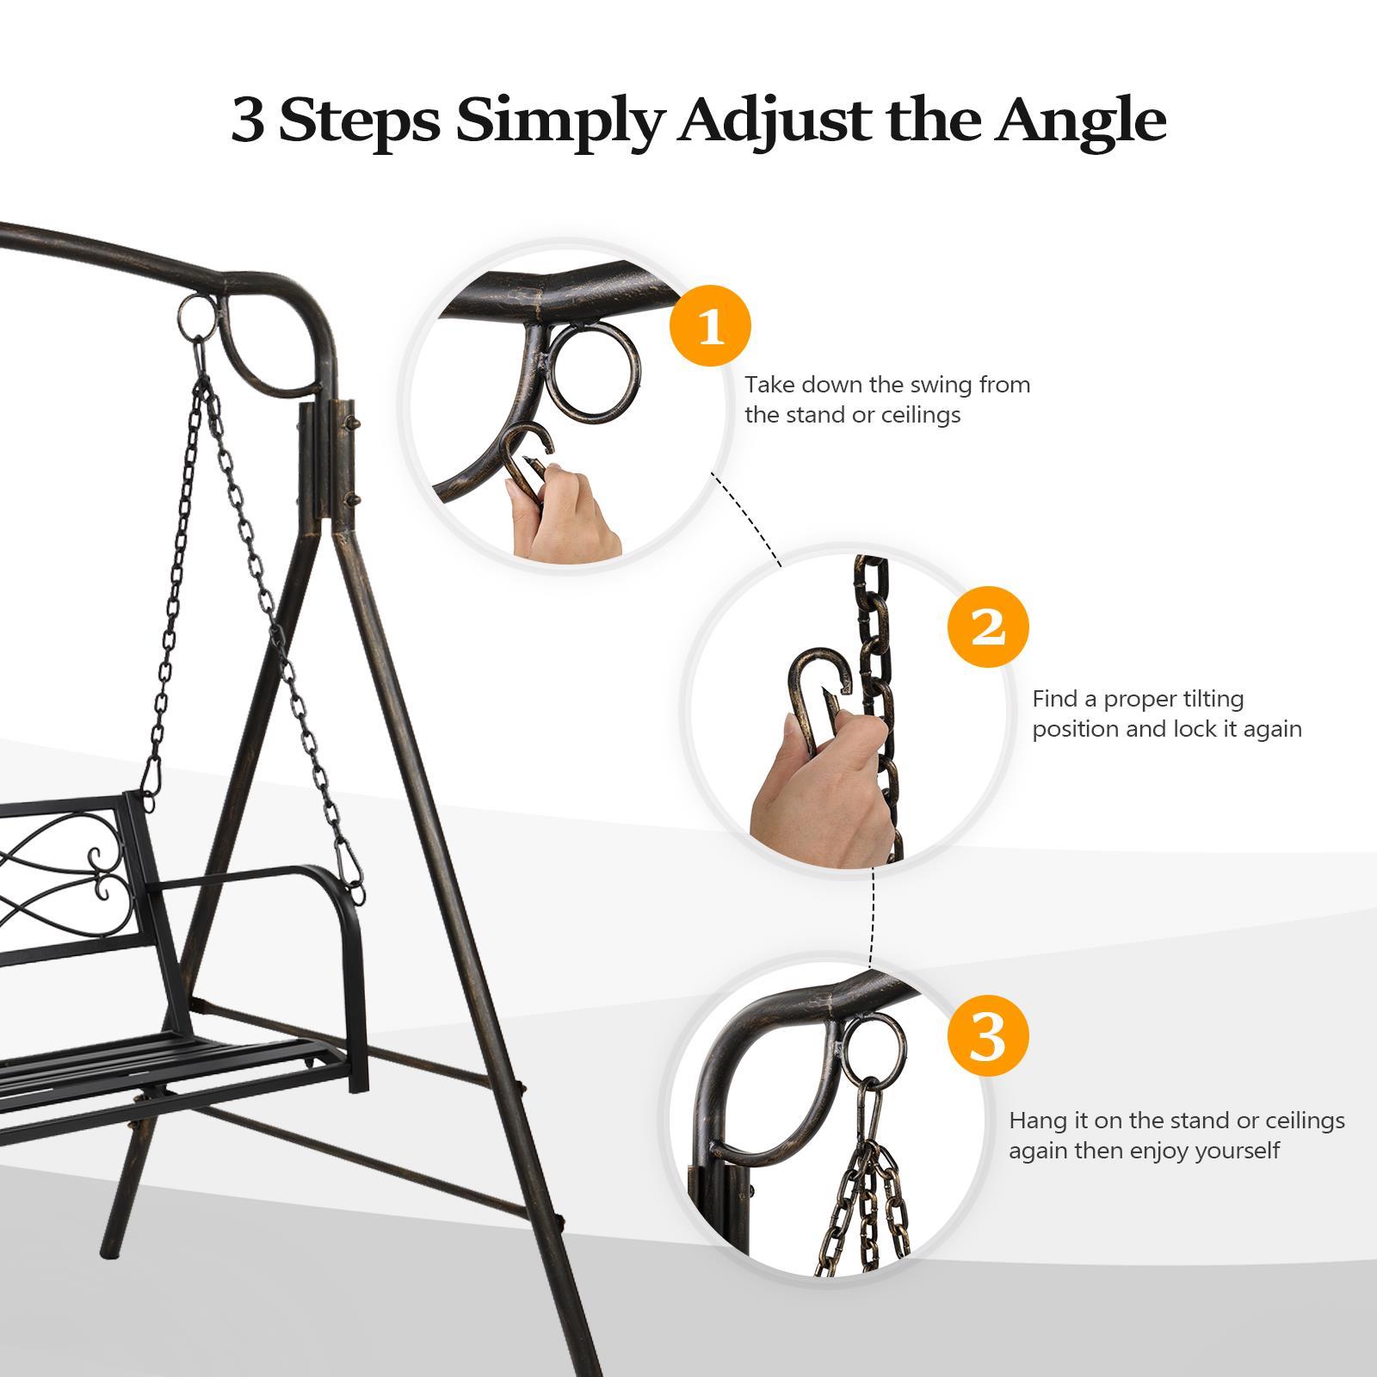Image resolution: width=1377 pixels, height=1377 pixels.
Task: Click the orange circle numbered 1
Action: [711, 327]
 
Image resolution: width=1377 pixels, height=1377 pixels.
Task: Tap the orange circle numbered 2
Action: [988, 627]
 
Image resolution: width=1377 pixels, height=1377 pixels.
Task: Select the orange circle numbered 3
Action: [988, 1037]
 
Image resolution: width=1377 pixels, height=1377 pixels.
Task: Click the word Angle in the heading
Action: [1081, 122]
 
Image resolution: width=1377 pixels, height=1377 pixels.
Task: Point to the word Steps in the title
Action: [360, 122]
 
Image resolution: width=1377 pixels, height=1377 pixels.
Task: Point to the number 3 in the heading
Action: [248, 122]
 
